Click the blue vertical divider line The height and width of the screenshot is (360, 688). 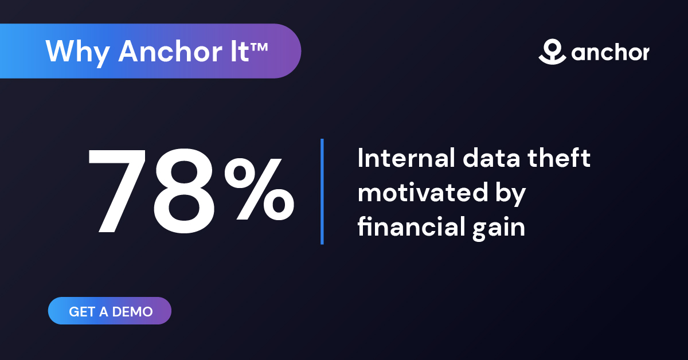(x=322, y=191)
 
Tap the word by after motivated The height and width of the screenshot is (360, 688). (x=509, y=195)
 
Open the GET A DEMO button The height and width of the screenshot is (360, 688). (x=110, y=311)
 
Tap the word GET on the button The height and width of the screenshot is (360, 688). (x=81, y=312)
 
